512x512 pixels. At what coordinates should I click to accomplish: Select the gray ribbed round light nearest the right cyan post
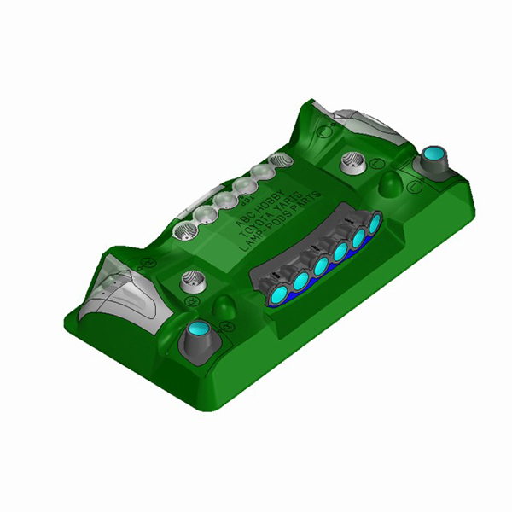click(353, 159)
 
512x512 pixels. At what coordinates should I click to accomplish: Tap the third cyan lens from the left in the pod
click(321, 266)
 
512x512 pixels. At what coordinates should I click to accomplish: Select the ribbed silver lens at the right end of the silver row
click(279, 160)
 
